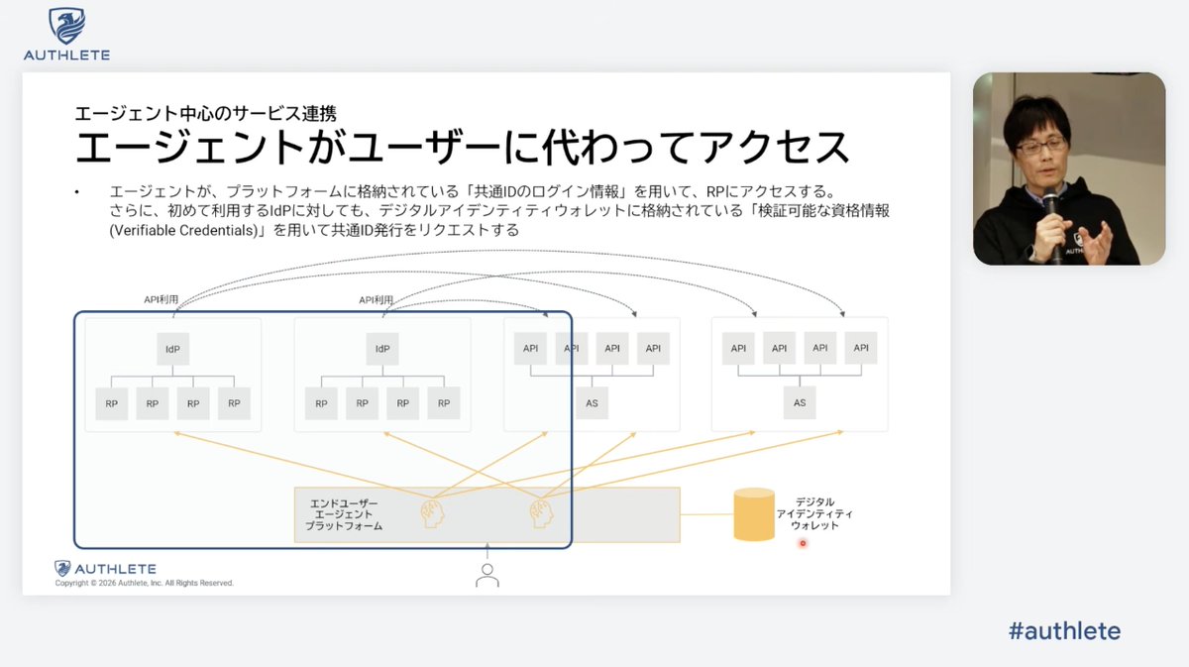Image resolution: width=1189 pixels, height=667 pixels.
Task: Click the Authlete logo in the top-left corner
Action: coord(66,35)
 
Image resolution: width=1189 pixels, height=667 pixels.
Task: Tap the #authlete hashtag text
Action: coord(1063,630)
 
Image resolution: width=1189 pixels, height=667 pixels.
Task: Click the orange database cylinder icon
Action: coord(754,514)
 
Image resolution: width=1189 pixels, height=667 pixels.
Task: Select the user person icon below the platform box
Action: coord(486,575)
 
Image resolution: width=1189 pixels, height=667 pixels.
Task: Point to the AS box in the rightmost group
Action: coord(800,403)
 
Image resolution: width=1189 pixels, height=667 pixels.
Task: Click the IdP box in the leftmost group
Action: coord(173,349)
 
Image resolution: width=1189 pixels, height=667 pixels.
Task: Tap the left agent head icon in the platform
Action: coord(432,513)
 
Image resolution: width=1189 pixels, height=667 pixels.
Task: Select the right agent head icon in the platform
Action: coord(540,513)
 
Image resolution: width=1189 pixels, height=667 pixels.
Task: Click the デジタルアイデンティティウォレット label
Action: coord(814,513)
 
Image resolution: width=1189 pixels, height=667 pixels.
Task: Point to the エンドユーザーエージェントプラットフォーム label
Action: coord(344,515)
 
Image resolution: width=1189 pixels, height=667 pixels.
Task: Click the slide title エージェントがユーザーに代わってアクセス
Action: coord(463,147)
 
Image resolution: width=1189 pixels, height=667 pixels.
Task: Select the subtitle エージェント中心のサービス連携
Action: coord(212,112)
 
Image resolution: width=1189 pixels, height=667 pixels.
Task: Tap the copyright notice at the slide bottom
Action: coord(145,584)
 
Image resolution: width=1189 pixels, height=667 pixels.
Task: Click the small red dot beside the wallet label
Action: coord(803,543)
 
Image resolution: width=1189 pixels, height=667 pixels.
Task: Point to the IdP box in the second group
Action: coord(382,349)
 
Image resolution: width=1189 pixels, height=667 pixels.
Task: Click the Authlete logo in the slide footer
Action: coord(105,569)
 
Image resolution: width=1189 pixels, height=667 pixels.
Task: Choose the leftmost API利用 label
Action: coord(162,299)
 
